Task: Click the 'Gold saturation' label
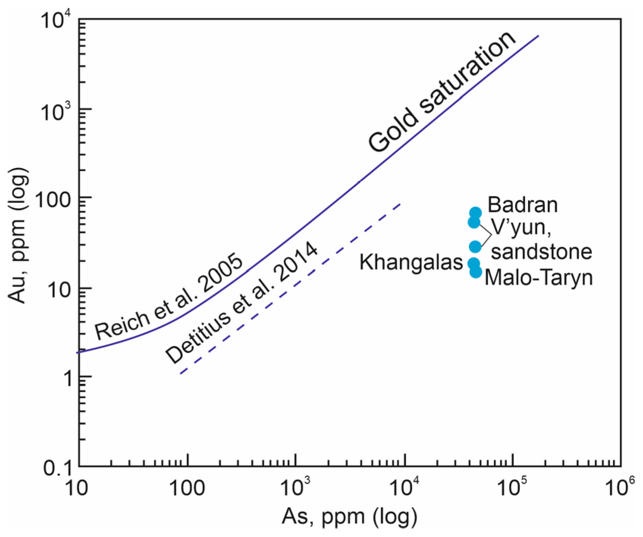(442, 93)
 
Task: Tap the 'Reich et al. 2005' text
(169, 297)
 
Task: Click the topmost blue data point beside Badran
(475, 213)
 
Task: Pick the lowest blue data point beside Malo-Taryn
(476, 272)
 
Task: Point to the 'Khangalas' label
(411, 262)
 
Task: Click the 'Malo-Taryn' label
(538, 278)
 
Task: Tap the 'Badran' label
(522, 205)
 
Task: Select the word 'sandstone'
(541, 252)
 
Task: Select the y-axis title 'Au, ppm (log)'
(18, 236)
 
